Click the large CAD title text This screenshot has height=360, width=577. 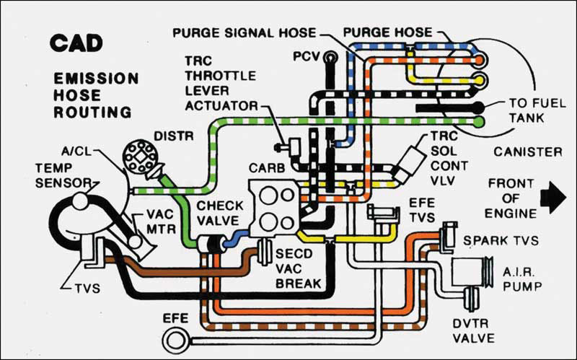(x=76, y=43)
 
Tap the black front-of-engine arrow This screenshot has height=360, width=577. (x=552, y=197)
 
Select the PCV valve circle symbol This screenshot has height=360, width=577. (x=330, y=58)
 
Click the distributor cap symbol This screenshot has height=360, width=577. (x=140, y=157)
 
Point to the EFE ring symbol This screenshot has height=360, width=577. (x=179, y=338)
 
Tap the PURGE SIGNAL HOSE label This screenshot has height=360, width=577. (x=244, y=32)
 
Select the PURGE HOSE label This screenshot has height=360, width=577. (x=387, y=32)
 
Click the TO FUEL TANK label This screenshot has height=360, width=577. (x=537, y=110)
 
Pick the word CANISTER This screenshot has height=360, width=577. (x=528, y=152)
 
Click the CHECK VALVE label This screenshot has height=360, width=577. (x=220, y=213)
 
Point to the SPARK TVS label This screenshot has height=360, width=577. (x=501, y=241)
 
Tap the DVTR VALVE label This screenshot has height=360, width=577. (x=473, y=331)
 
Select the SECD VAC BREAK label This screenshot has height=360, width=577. (x=298, y=268)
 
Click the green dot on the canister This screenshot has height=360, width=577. (x=479, y=120)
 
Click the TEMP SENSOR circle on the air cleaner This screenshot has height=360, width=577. (x=81, y=201)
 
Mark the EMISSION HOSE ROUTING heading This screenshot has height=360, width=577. (x=97, y=95)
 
